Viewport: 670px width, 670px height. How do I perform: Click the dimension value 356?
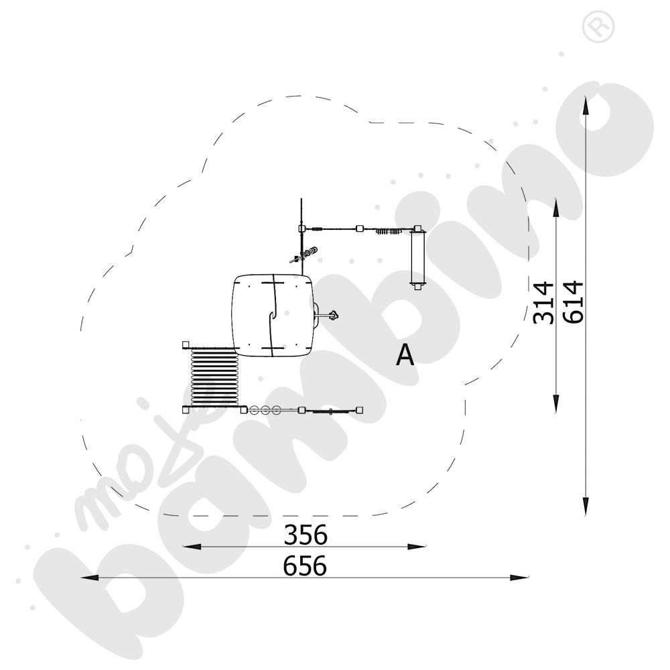point(306,535)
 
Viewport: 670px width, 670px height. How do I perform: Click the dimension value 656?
point(305,565)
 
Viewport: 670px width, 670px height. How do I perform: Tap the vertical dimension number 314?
point(543,302)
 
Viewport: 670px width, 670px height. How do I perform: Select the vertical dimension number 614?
point(573,301)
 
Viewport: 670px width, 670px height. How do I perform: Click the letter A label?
point(405,355)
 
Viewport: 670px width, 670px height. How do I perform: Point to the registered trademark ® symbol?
point(598,27)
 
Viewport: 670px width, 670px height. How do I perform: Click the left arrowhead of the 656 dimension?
point(90,578)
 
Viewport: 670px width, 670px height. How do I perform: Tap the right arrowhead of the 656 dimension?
point(519,578)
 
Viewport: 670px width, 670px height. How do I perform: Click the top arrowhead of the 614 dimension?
point(586,106)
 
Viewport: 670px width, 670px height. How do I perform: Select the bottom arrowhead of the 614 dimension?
point(586,507)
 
